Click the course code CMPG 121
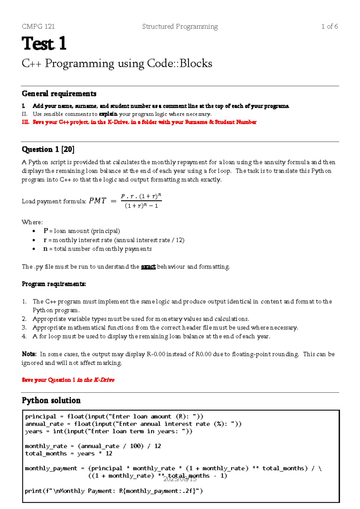pos(38,26)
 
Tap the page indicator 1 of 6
pos(329,26)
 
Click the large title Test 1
pos(44,44)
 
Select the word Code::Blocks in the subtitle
pos(179,64)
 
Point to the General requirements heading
pos(59,94)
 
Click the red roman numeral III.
pos(25,122)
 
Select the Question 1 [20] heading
pos(48,149)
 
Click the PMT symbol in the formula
pos(97,201)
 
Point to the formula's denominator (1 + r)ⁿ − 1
pos(141,206)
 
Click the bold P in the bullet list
pos(46,231)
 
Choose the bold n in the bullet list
pos(45,249)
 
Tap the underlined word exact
pos(148,267)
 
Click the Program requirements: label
pos(54,284)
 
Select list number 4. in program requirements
pos(24,336)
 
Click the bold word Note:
pos(29,354)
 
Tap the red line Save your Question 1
pos(68,380)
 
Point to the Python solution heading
pos(51,401)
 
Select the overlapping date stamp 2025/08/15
pos(180,479)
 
